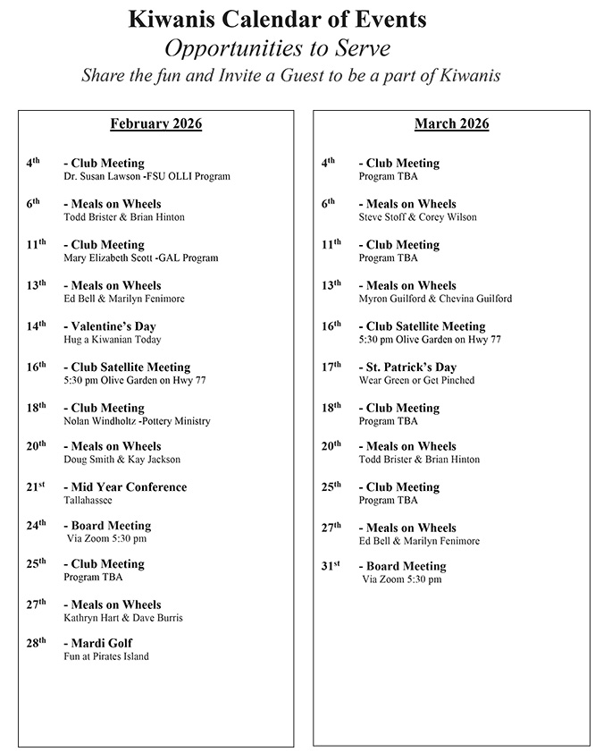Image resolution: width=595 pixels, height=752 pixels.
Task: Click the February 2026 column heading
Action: (x=156, y=124)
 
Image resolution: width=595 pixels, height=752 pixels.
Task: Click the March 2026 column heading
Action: (x=451, y=124)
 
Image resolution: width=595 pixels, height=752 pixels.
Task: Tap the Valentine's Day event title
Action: (x=110, y=326)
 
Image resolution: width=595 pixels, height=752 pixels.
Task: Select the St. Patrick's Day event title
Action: (x=407, y=367)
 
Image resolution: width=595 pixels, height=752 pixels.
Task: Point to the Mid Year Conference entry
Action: (x=125, y=487)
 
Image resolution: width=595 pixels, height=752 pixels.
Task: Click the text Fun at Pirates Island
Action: (x=106, y=656)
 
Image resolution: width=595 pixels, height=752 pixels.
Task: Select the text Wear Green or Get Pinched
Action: (x=416, y=380)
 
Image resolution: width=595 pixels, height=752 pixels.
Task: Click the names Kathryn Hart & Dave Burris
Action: (x=123, y=618)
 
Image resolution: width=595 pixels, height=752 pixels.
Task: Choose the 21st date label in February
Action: (x=36, y=487)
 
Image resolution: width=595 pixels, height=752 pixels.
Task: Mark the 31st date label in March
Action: (x=331, y=566)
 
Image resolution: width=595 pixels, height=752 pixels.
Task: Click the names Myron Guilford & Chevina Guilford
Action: (x=435, y=299)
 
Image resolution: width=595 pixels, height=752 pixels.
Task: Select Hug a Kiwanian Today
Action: (x=113, y=340)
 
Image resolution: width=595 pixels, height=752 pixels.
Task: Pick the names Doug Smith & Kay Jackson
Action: (x=122, y=460)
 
